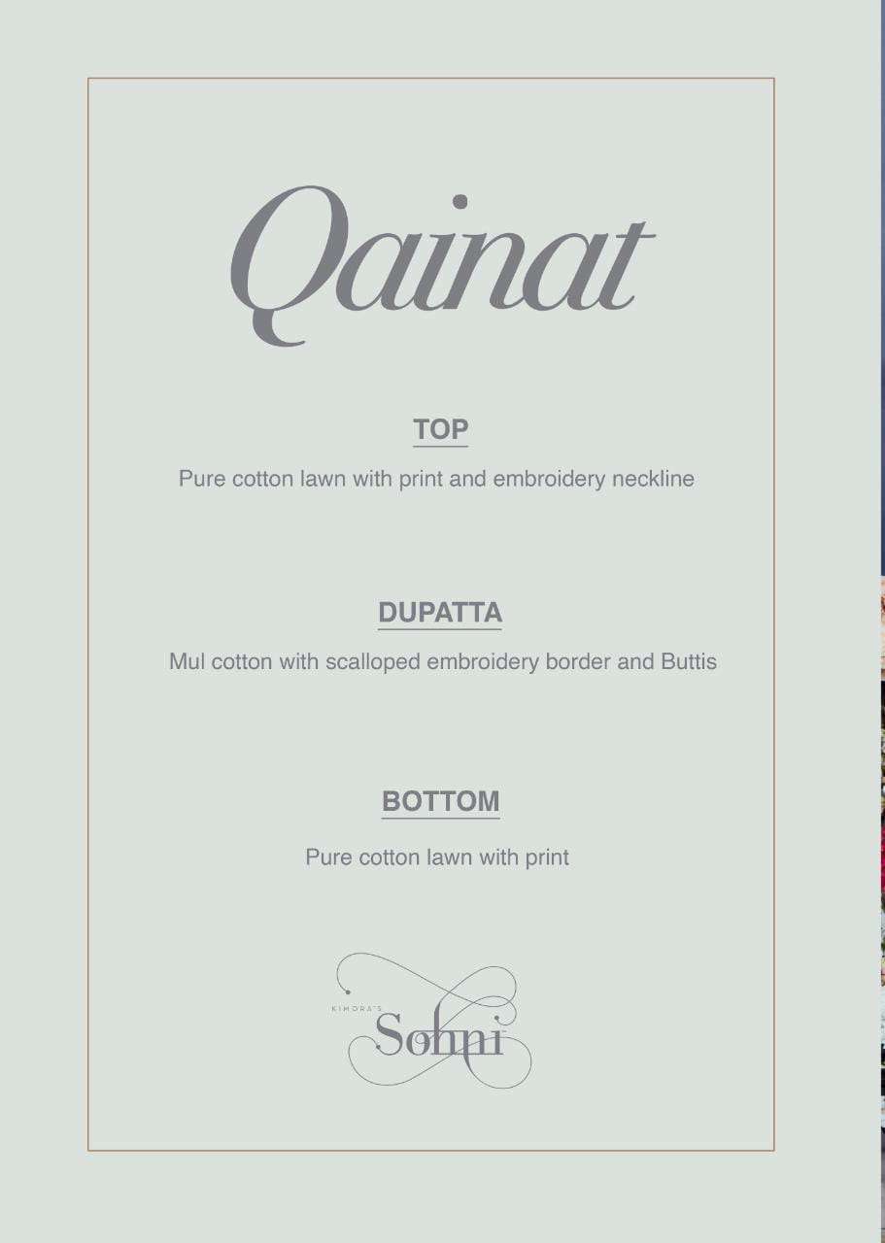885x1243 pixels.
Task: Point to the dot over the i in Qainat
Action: click(x=460, y=202)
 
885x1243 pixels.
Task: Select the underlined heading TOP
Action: click(x=440, y=429)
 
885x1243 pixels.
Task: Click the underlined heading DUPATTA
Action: click(x=440, y=613)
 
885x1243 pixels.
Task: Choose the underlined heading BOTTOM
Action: click(x=440, y=801)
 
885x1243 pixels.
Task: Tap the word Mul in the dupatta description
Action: click(x=187, y=662)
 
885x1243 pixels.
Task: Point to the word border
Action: click(x=577, y=662)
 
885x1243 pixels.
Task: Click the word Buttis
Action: click(x=689, y=662)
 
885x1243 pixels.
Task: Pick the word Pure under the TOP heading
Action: click(x=202, y=479)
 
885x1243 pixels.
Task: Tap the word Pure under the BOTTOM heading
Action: click(x=328, y=857)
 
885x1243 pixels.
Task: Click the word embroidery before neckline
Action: click(x=549, y=479)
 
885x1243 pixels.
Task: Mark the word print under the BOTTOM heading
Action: click(x=547, y=857)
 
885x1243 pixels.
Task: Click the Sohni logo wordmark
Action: click(x=439, y=1035)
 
